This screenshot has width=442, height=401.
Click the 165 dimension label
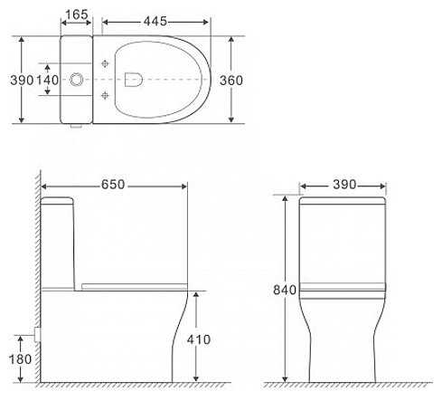point(77,14)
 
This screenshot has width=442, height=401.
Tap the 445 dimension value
point(155,21)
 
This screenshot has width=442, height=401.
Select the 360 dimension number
point(231,81)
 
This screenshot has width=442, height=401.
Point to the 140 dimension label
point(48,80)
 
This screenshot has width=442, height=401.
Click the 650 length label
point(113,185)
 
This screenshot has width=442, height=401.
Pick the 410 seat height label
point(199,339)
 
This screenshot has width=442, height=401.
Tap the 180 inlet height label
point(20,359)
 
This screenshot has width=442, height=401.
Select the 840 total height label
point(285,290)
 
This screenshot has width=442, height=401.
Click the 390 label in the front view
point(344,185)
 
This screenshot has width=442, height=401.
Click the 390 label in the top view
point(22,80)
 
